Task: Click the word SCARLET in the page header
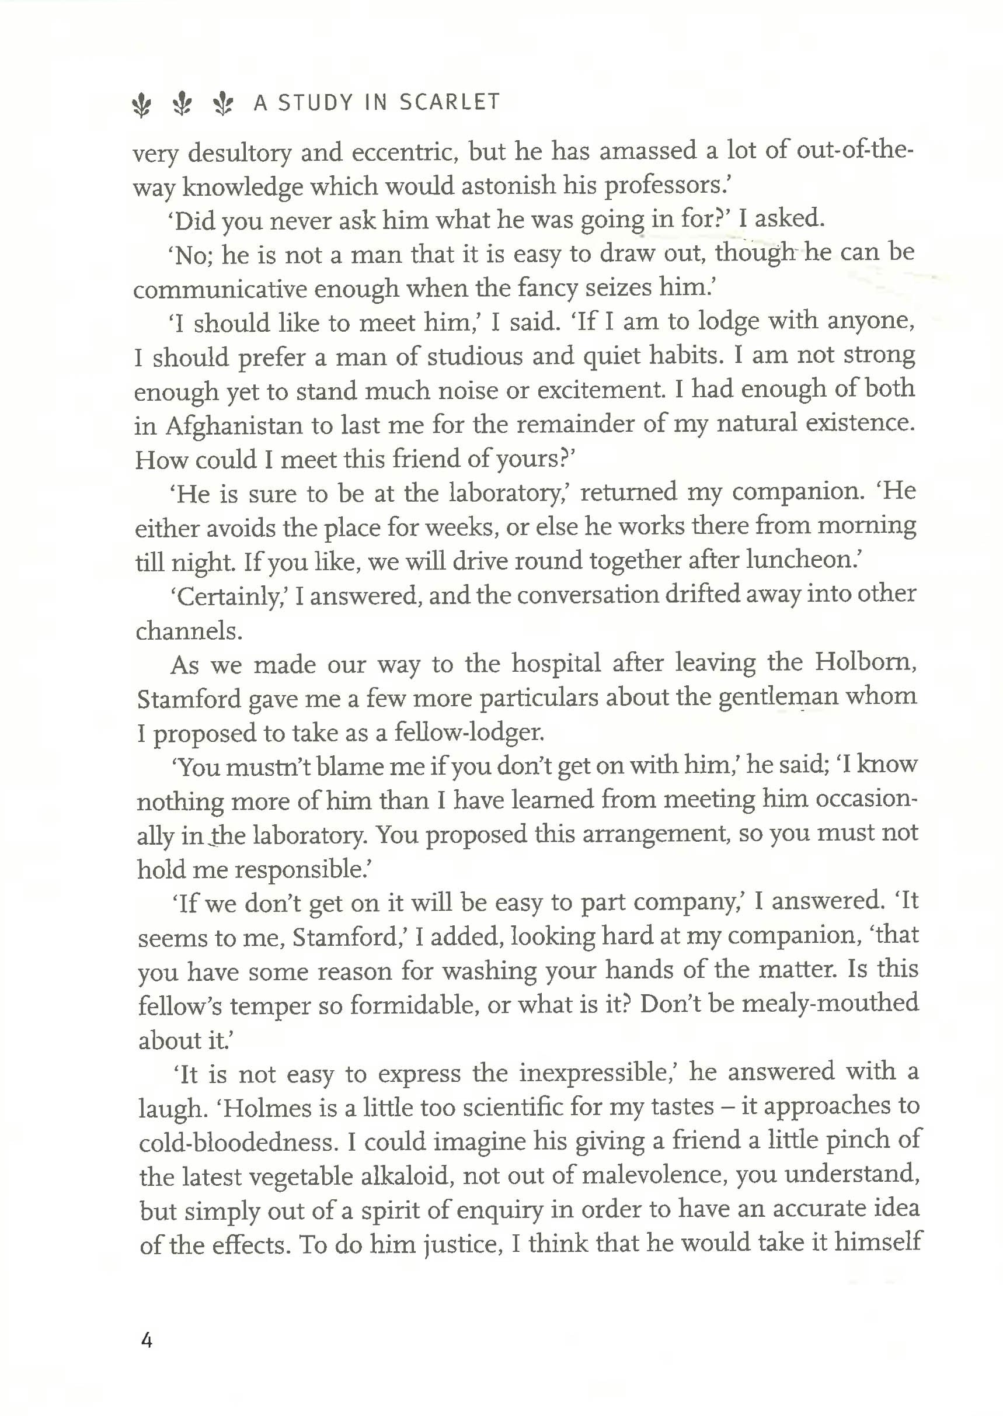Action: click(x=449, y=102)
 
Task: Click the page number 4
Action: click(x=147, y=1339)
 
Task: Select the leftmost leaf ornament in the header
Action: click(x=142, y=104)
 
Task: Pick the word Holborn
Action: click(x=865, y=662)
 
